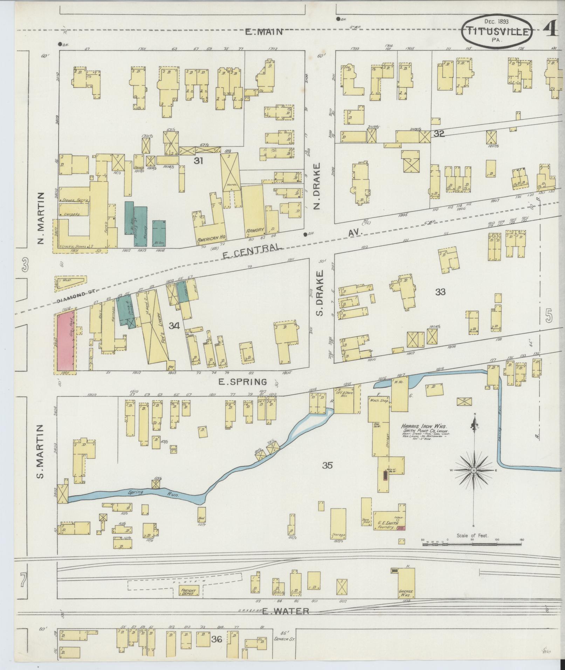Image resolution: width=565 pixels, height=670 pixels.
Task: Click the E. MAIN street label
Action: [x=264, y=32]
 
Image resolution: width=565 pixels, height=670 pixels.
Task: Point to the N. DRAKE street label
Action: [x=317, y=186]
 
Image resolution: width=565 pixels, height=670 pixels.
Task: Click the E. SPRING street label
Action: [x=242, y=381]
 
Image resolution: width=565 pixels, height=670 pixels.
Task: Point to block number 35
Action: [x=328, y=465]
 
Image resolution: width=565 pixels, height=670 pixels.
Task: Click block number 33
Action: [x=440, y=292]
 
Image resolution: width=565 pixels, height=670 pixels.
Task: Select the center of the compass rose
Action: [x=474, y=470]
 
